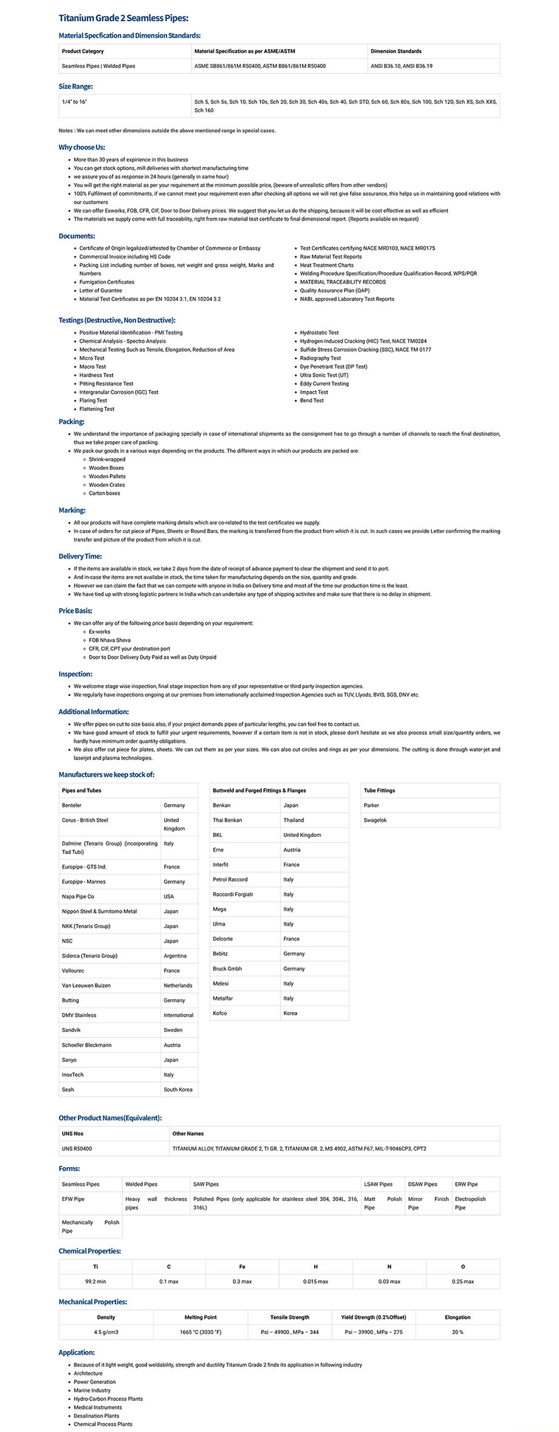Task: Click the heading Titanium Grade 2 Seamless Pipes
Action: point(123,18)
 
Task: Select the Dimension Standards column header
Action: point(396,51)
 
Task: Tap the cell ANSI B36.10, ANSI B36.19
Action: point(401,66)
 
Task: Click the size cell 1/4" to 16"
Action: point(75,102)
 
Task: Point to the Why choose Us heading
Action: point(82,147)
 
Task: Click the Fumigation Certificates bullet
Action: point(106,282)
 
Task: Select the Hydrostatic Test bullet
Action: point(319,332)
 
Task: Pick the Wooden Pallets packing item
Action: point(107,477)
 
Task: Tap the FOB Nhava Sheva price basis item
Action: point(109,640)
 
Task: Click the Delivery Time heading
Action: point(80,556)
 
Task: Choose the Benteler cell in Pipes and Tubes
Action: point(72,805)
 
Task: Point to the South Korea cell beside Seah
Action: point(177,1090)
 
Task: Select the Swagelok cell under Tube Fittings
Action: point(375,821)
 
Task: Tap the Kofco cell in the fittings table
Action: point(220,1013)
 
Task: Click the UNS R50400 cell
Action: point(77,1149)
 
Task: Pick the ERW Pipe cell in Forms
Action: point(466,1184)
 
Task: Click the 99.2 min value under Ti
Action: point(95,1281)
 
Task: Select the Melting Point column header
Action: point(201,1317)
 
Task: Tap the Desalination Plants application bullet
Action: point(97,1416)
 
